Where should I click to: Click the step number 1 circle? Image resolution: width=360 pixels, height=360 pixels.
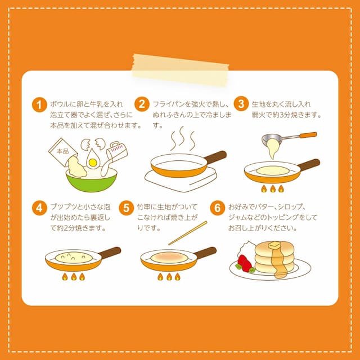click(x=39, y=105)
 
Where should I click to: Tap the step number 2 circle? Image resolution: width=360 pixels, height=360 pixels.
click(x=142, y=105)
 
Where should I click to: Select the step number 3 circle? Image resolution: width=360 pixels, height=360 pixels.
click(x=241, y=105)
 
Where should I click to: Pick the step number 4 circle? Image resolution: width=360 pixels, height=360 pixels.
click(x=39, y=208)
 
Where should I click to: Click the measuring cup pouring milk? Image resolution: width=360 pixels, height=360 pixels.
click(x=115, y=151)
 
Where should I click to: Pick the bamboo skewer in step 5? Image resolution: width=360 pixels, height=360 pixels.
click(x=187, y=233)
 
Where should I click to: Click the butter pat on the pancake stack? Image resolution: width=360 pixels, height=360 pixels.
click(x=275, y=245)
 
